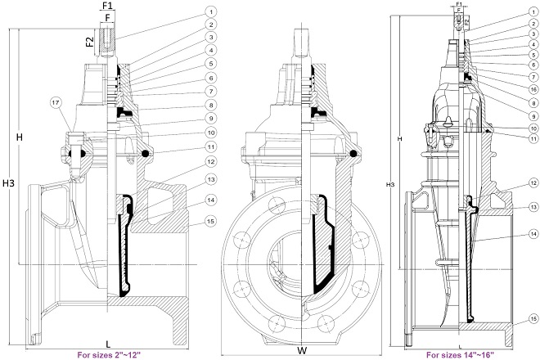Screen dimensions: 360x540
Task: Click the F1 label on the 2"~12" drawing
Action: (107, 5)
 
